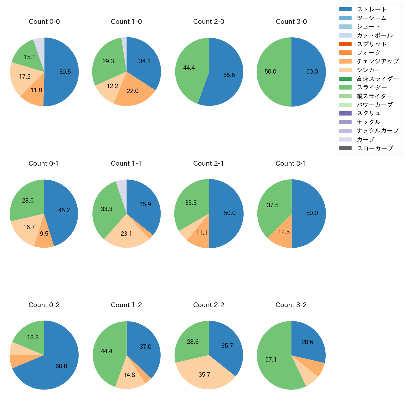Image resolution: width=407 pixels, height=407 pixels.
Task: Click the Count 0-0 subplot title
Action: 44,22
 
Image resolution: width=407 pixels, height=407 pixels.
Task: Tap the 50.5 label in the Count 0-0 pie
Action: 65,72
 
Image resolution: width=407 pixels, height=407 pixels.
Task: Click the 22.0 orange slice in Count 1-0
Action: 133,91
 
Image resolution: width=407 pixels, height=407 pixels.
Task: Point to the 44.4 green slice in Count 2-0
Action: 189,68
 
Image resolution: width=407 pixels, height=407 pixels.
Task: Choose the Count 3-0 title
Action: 291,22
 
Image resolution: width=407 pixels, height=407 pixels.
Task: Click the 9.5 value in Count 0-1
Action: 44,234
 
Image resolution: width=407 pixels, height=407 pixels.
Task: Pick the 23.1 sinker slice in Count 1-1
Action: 126,234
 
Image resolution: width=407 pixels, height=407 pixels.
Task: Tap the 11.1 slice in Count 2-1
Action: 202,233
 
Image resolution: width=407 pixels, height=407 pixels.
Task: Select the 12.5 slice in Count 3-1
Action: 284,232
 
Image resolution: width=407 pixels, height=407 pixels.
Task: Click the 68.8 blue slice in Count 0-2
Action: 61,366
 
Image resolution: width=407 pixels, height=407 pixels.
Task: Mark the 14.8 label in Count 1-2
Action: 129,375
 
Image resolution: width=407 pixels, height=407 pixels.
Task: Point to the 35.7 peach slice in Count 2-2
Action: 204,375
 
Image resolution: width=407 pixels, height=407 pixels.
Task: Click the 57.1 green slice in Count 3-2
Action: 271,360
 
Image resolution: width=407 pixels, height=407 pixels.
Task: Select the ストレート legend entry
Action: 372,9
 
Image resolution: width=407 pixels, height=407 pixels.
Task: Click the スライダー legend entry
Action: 372,87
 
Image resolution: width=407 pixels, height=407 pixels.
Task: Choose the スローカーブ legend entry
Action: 375,148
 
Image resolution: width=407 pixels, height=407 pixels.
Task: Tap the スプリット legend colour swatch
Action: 345,44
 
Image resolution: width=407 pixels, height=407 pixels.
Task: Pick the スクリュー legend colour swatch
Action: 345,113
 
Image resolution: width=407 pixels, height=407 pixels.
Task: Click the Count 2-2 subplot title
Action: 209,305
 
